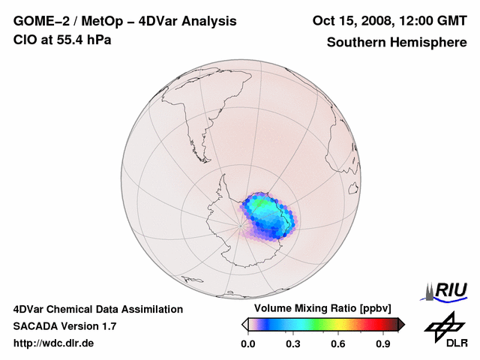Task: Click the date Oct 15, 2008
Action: (x=352, y=20)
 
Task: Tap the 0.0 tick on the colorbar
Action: (x=247, y=343)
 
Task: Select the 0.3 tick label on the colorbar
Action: (x=293, y=343)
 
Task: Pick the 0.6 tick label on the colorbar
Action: (x=339, y=343)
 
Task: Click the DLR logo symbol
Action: (x=442, y=327)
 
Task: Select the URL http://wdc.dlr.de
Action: (x=54, y=343)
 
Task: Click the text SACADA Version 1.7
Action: (x=64, y=326)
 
